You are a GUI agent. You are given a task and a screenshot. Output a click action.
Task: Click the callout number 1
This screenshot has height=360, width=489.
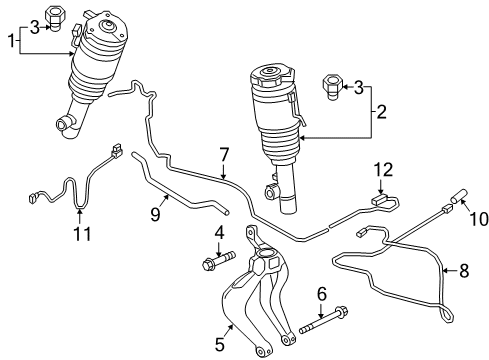coord(12,41)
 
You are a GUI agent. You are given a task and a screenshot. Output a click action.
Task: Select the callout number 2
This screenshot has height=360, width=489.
coord(381,112)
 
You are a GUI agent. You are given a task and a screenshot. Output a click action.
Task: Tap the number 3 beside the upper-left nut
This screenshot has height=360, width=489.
coord(35,27)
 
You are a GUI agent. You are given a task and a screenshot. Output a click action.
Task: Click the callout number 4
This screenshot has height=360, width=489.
coord(219,234)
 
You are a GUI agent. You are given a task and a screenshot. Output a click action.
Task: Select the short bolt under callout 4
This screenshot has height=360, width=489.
coord(218,261)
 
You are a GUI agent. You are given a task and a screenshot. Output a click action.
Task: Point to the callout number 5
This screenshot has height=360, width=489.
coord(220,344)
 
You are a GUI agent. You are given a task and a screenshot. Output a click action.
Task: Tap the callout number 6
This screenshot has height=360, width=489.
coord(322,294)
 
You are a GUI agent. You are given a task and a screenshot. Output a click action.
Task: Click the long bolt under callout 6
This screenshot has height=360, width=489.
coord(324,321)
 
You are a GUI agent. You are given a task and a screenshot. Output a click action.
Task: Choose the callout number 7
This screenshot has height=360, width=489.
coord(224,155)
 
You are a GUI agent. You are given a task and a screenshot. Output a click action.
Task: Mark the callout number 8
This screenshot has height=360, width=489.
coord(464,270)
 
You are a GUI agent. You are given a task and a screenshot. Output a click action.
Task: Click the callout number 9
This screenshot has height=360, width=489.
coord(155,215)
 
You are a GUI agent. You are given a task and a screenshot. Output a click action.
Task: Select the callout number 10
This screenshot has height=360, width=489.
coord(479,219)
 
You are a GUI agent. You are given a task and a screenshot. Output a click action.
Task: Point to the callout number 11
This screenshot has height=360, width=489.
coord(82,234)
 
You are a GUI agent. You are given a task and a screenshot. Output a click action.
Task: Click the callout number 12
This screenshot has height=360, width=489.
coord(383,170)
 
